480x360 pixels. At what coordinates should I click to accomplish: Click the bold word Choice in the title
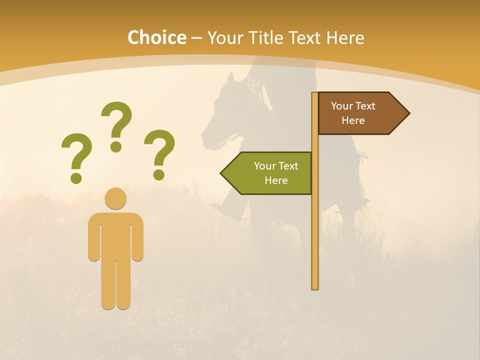[x=156, y=38]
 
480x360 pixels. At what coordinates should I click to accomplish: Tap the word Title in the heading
[x=268, y=38]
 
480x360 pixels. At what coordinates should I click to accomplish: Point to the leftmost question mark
[x=76, y=155]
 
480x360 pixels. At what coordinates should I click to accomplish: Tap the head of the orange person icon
[x=115, y=198]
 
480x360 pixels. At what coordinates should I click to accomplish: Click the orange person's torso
[x=115, y=235]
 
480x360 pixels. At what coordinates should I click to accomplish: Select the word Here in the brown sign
[x=353, y=120]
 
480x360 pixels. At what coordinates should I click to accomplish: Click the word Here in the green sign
[x=276, y=180]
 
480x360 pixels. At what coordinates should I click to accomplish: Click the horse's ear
[x=230, y=78]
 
